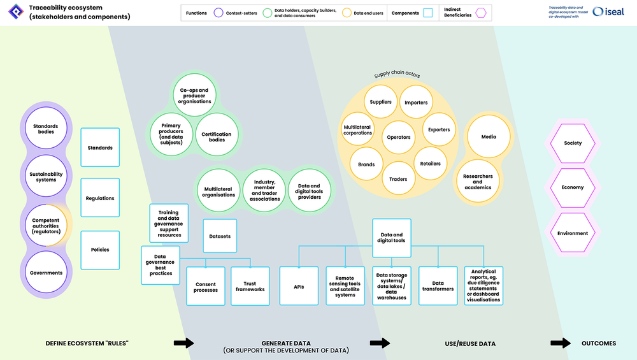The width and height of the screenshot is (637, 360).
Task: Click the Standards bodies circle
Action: pos(45,129)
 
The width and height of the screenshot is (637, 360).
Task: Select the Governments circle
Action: pos(45,273)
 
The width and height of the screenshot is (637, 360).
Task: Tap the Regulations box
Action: pos(100,198)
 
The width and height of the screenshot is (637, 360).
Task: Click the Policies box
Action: pos(100,250)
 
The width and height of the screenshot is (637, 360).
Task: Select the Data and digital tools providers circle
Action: pos(310,192)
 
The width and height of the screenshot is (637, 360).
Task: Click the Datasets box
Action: pos(220,236)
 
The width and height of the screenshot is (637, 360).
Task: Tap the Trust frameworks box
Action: pos(250,287)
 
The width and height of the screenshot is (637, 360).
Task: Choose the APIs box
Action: pos(299,287)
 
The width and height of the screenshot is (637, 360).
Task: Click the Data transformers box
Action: pos(438,286)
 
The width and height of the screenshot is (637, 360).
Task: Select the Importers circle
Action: pos(416,103)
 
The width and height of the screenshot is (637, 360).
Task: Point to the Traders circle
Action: pos(398,180)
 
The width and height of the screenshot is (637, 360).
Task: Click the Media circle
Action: pos(489,137)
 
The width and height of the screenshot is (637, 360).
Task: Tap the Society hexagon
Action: pos(573,143)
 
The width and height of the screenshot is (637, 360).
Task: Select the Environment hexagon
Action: pos(573,233)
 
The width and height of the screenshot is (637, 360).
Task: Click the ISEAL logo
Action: pos(608,11)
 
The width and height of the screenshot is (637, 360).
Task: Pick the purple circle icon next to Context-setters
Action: pos(218,13)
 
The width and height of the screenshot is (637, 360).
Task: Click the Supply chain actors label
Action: pos(397,75)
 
